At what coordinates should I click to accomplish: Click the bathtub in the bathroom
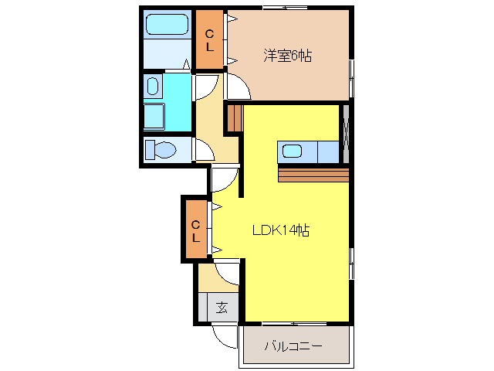click(x=167, y=25)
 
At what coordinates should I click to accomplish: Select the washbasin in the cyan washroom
click(x=152, y=85)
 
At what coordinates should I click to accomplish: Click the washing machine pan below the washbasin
click(x=155, y=116)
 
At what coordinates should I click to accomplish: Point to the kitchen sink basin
click(x=293, y=151)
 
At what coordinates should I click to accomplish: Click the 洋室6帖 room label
click(x=287, y=56)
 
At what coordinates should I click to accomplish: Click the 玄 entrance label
click(x=222, y=307)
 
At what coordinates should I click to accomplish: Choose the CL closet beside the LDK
click(x=196, y=230)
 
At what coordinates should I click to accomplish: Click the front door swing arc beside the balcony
click(x=226, y=335)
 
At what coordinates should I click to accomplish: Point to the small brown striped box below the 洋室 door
click(x=234, y=118)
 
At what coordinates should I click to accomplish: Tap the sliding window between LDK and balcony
click(x=293, y=322)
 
